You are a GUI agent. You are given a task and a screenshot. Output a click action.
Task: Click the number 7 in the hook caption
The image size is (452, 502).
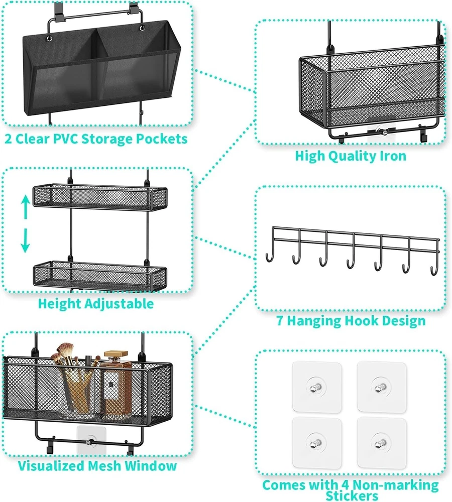click(281, 320)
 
